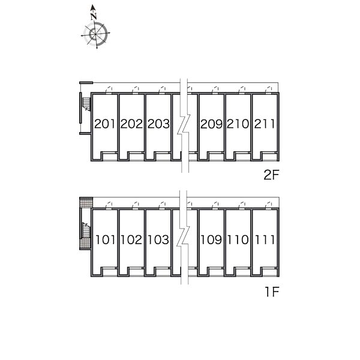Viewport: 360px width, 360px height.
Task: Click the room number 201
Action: point(104,124)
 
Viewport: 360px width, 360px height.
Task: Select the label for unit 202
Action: point(131,124)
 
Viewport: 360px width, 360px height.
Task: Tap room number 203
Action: point(158,124)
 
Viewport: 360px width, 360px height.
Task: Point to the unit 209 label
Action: point(211,124)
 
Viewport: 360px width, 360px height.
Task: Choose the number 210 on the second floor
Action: point(238,124)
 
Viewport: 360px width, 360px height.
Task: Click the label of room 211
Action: point(264,124)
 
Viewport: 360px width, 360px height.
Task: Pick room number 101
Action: point(105,239)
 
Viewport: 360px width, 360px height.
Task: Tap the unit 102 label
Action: point(131,239)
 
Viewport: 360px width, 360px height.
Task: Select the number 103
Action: point(158,239)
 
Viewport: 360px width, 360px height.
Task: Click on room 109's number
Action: point(211,239)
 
